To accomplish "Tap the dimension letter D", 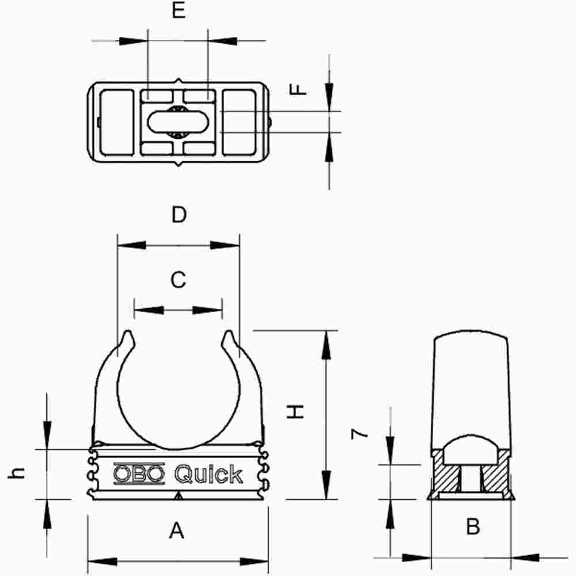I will [x=179, y=215].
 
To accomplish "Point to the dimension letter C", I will [x=178, y=280].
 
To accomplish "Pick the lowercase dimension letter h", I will [x=19, y=473].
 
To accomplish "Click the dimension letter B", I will [x=472, y=526].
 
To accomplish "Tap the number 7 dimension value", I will [x=360, y=433].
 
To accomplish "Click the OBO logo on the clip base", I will [x=138, y=473].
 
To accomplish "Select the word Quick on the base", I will [x=208, y=474].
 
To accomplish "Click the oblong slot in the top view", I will [x=178, y=122].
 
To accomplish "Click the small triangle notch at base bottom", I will [x=179, y=496].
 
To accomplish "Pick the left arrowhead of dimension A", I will [x=101, y=561].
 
